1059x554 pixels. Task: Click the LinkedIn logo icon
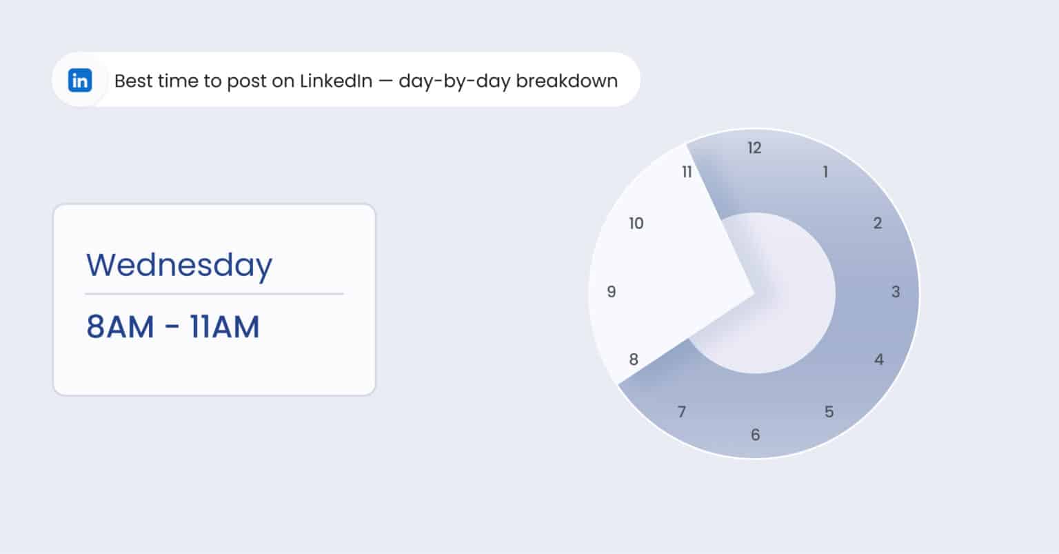pos(80,81)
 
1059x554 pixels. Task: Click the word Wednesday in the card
pos(179,266)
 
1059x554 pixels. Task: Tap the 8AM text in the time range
pos(120,327)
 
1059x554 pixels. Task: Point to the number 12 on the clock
pos(754,148)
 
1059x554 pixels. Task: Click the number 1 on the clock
pos(825,172)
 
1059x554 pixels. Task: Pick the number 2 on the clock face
pos(877,223)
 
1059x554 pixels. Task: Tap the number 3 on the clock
pos(896,292)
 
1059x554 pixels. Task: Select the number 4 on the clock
pos(878,359)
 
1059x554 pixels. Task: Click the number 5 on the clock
pos(829,412)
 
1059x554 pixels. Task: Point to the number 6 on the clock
pos(755,435)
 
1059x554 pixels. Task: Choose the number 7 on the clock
pos(682,412)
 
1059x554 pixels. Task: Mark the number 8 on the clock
pos(634,359)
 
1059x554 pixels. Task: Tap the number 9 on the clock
pos(611,292)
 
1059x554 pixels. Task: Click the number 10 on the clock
pos(636,223)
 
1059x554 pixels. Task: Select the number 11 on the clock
pos(687,172)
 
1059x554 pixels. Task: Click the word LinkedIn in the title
pos(335,81)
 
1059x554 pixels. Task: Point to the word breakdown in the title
pos(567,81)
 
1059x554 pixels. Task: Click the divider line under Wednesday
pos(214,294)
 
